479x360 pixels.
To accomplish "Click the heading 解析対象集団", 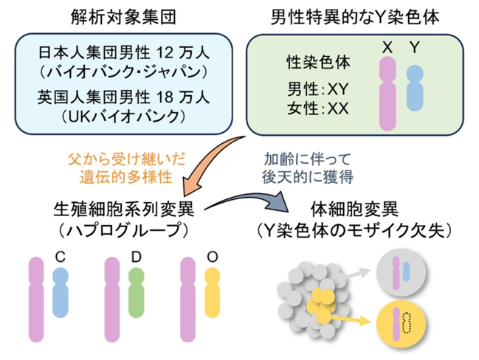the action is click(123, 18).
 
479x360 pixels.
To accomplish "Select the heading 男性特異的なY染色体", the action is click(355, 18).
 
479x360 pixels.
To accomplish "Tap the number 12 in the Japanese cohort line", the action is click(166, 53).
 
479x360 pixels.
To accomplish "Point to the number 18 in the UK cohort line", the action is click(166, 97).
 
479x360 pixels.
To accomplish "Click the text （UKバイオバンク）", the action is click(123, 117).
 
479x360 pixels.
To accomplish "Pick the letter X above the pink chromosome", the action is click(387, 48).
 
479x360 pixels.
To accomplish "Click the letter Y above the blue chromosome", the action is click(415, 48).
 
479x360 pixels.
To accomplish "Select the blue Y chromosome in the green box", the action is click(415, 88).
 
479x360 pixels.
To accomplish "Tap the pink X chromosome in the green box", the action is click(387, 94).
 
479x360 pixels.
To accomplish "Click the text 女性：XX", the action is click(318, 108).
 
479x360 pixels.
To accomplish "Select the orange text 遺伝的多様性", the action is click(126, 177).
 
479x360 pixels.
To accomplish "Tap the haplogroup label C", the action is click(61, 257).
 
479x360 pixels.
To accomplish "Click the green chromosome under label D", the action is click(136, 293).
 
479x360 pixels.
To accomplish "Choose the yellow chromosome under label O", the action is click(212, 293).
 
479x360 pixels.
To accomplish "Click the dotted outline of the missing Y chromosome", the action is click(407, 323).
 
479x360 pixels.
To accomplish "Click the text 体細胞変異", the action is click(354, 210).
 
